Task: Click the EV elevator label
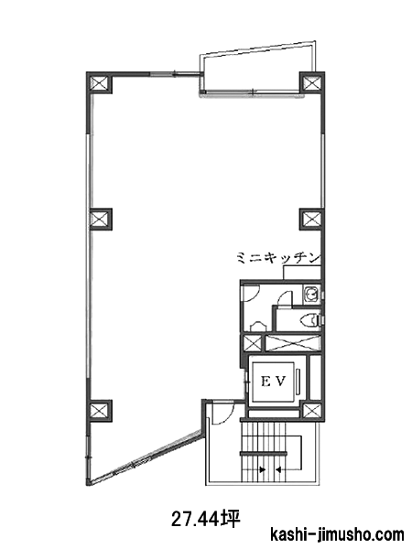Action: click(274, 382)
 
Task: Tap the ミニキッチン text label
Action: click(278, 258)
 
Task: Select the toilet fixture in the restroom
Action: click(310, 319)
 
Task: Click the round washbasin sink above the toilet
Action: click(311, 294)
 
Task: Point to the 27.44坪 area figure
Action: click(206, 519)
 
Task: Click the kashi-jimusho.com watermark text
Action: click(337, 535)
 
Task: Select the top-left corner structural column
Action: click(99, 83)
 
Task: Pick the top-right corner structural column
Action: click(312, 83)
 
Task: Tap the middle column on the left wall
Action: click(101, 220)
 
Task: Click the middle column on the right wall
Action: click(311, 220)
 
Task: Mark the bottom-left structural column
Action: click(100, 411)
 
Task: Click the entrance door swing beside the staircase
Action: click(223, 414)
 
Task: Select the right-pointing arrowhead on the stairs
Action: click(262, 469)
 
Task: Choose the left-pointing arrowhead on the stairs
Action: click(278, 469)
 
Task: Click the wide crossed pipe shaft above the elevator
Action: click(293, 343)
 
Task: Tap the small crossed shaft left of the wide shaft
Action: click(253, 343)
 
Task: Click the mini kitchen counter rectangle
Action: click(301, 273)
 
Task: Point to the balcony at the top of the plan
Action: click(256, 70)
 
